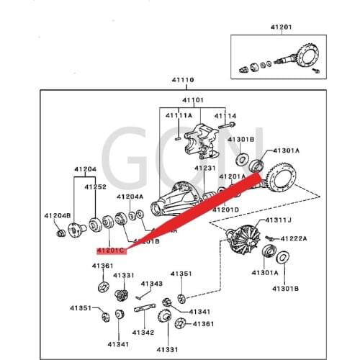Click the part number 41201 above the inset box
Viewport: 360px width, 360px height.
[x=282, y=27]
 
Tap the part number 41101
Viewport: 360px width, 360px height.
[x=193, y=100]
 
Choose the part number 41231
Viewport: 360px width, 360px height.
[x=204, y=168]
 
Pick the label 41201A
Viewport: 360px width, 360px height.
[x=233, y=176]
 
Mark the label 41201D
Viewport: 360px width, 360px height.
[x=226, y=210]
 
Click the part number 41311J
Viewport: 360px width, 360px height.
[x=278, y=220]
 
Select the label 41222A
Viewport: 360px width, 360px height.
[x=294, y=238]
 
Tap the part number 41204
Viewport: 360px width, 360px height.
[x=84, y=170]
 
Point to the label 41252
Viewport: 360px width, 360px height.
[x=96, y=186]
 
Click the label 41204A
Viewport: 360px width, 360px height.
[x=130, y=196]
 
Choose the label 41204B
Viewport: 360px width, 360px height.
[x=58, y=215]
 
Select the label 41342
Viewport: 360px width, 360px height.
[x=143, y=332]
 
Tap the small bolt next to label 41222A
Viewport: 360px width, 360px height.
[x=268, y=237]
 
